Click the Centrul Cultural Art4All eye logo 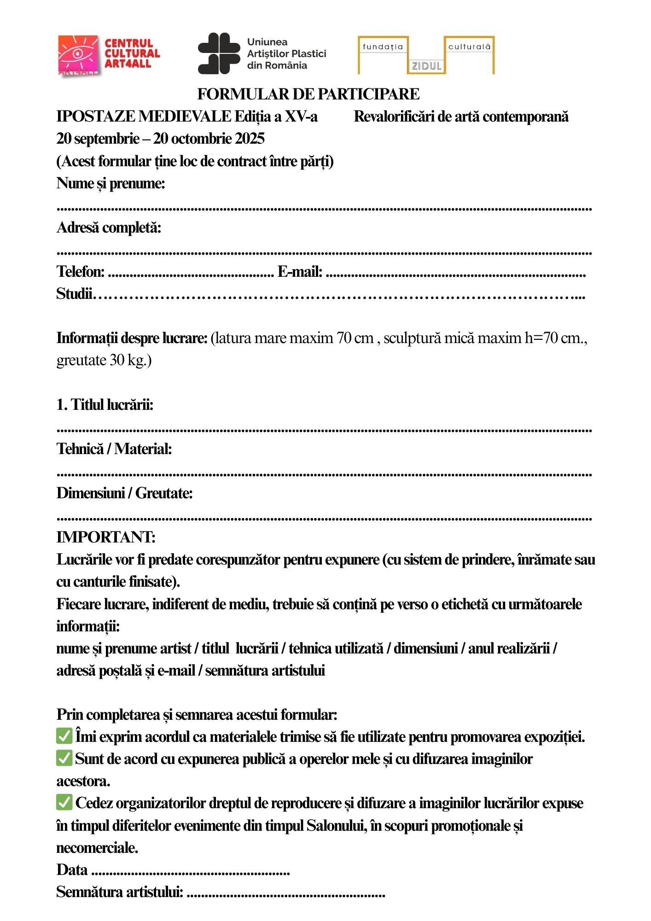coord(78,55)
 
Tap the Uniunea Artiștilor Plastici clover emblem coord(219,53)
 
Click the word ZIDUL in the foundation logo coord(426,66)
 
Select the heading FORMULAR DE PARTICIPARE coord(308,94)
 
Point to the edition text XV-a coord(301,117)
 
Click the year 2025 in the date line coord(250,139)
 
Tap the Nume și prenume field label coord(110,183)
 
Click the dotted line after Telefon coord(191,275)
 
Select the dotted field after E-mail coord(455,275)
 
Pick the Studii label coord(74,294)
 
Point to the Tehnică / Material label coord(114,449)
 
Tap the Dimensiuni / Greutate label coord(124,493)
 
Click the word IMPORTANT coord(106,537)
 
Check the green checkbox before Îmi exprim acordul coord(64,736)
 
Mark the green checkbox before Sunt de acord coord(64,758)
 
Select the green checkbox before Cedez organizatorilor coord(64,802)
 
